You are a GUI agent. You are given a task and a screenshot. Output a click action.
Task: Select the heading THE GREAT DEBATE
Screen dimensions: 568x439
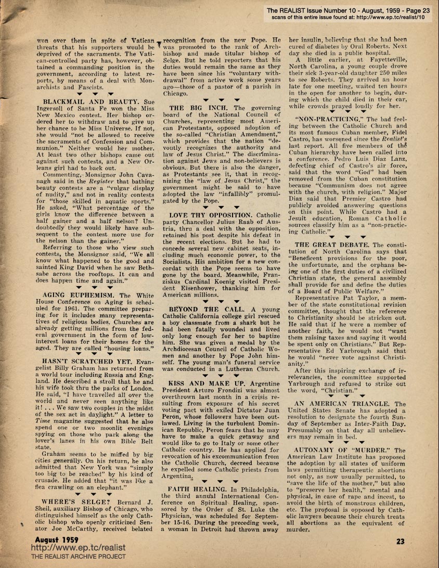[330, 244]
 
